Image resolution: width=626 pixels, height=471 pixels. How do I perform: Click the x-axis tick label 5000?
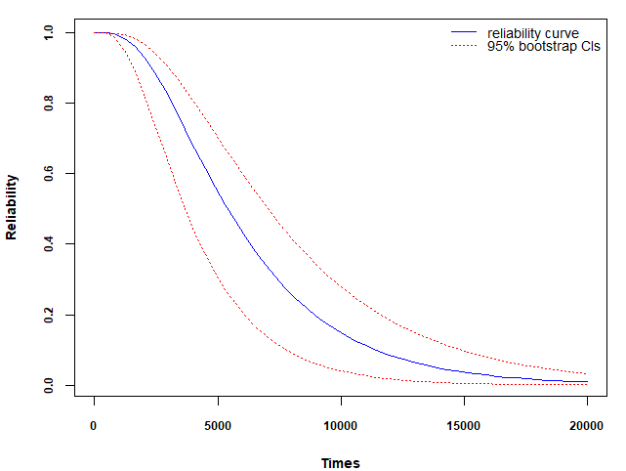(217, 425)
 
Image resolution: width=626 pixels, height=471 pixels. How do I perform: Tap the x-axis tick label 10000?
(340, 425)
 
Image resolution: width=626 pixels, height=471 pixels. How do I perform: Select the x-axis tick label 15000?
(463, 425)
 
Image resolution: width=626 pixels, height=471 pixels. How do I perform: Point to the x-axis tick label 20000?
(586, 425)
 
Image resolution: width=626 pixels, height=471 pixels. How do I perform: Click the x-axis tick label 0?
(94, 425)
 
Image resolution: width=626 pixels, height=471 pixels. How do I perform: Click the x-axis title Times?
(340, 463)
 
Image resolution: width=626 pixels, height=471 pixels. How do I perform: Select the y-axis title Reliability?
(12, 207)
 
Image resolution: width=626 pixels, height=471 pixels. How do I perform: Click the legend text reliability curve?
(533, 34)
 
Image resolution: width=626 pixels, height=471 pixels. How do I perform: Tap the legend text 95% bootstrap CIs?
(543, 46)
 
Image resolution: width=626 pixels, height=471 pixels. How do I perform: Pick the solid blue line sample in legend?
(464, 34)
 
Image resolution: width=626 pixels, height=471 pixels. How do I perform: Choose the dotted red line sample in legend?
(464, 46)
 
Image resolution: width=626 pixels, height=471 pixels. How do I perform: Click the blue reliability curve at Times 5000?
(217, 195)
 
